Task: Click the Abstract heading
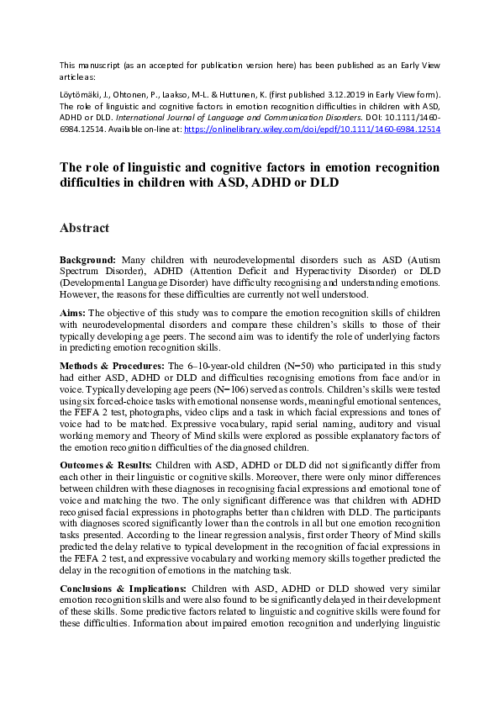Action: pyautogui.click(x=85, y=228)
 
